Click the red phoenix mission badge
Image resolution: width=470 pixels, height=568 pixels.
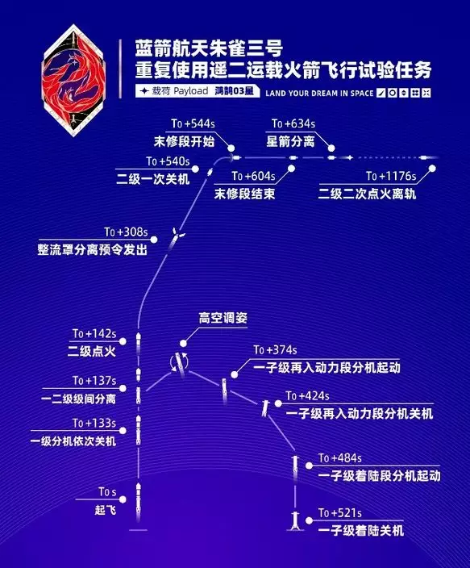coord(73,81)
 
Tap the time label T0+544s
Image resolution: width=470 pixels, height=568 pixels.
coord(193,124)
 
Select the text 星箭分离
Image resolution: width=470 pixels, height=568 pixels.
coord(290,141)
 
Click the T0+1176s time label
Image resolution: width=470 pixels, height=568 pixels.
coord(391,177)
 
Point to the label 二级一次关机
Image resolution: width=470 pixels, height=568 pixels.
coord(153,179)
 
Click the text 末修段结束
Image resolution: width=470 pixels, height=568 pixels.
coord(244,194)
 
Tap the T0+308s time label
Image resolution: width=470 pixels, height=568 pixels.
coord(126,232)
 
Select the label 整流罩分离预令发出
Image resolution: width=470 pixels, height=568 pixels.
coord(93,249)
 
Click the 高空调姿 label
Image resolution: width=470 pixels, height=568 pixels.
coord(223,318)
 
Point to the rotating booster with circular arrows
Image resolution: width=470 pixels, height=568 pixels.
coord(180,363)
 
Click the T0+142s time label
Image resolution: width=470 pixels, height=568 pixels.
coord(94,334)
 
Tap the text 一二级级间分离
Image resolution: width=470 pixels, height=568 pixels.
coord(78,399)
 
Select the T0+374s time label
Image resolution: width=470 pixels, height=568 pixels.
coord(275,350)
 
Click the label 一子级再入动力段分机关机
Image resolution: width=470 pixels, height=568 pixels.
coord(360,413)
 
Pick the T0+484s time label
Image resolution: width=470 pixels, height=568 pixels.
coord(340,458)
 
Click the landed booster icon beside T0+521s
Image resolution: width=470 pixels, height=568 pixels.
coord(295,520)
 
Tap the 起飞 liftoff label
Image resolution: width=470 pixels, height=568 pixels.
coord(106,510)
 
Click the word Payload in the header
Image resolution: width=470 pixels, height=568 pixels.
coord(191,91)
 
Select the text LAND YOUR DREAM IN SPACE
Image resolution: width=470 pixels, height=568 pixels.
coord(319,93)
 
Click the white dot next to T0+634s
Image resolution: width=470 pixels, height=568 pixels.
coord(331,148)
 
